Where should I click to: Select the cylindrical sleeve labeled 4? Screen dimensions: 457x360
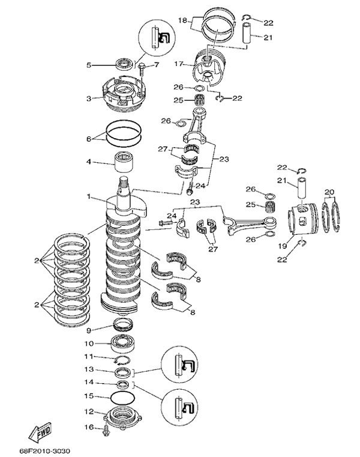point(122,162)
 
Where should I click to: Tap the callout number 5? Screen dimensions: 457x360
point(89,65)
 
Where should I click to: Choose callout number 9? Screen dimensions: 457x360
point(89,330)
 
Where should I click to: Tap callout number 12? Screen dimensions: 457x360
point(89,412)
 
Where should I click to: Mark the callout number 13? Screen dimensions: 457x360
point(89,369)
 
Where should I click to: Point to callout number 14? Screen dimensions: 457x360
point(89,382)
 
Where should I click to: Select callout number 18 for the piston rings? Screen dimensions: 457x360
point(183,20)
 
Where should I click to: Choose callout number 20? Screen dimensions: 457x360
point(328,192)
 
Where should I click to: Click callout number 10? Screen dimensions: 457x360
point(89,345)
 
